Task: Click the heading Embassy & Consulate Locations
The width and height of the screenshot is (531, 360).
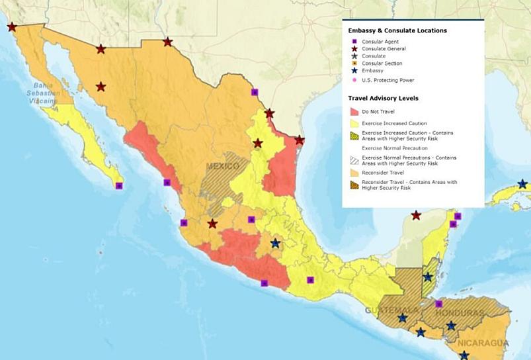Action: tap(397, 30)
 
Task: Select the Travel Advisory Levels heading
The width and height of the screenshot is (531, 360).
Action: tap(384, 98)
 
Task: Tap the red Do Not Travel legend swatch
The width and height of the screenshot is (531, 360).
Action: tap(354, 112)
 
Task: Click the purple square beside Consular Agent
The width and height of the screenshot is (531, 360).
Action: tap(354, 42)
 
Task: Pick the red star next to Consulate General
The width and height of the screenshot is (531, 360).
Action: tap(354, 49)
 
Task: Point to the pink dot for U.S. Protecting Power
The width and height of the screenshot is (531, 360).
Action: tap(354, 80)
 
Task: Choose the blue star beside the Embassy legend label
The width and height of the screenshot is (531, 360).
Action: tap(354, 71)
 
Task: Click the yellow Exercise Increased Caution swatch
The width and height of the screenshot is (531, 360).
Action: tap(354, 124)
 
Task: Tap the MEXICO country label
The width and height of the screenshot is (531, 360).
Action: tap(222, 166)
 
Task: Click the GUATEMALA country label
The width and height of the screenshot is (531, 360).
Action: tap(391, 310)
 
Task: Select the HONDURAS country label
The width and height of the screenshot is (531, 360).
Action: tap(460, 312)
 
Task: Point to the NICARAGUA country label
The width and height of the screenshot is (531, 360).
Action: tap(481, 343)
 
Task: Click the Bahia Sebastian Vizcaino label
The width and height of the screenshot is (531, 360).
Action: tap(48, 93)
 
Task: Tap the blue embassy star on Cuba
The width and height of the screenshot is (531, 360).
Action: tap(522, 184)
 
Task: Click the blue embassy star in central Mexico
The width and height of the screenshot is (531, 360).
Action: tap(275, 244)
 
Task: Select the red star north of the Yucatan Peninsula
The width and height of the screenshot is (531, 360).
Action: tap(416, 215)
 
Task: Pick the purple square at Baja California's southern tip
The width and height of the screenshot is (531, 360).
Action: tap(119, 186)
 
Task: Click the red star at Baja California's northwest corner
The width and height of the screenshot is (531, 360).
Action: tap(12, 27)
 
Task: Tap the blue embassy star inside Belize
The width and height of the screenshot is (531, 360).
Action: tap(428, 277)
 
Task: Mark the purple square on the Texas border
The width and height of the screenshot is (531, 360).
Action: tap(255, 92)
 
